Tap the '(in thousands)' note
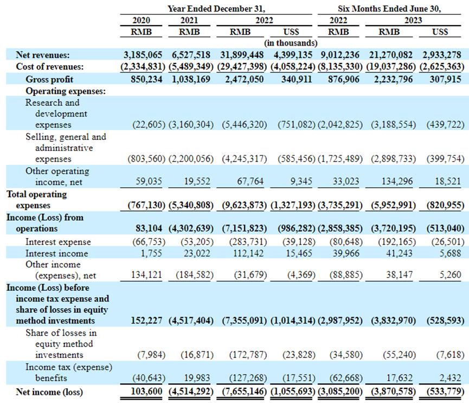tap(291, 42)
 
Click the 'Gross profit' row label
tap(49, 79)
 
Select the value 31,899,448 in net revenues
tap(243, 55)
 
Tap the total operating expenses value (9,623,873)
tap(243, 206)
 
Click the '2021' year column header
tap(189, 21)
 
